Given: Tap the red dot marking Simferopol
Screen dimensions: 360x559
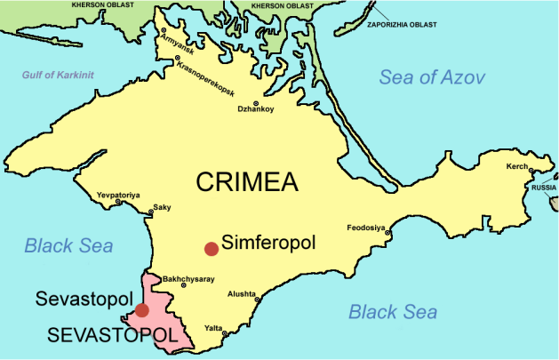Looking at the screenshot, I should click(x=211, y=248).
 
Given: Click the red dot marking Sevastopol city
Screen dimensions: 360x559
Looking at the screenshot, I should click(x=142, y=310).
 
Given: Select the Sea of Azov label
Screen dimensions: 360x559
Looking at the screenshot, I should click(x=432, y=77).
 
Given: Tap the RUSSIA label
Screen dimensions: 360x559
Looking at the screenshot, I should click(x=543, y=188).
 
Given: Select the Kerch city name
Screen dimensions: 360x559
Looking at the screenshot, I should click(x=516, y=167).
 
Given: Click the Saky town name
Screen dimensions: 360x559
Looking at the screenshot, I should click(x=163, y=208).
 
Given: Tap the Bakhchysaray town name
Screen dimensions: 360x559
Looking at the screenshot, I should click(x=190, y=278).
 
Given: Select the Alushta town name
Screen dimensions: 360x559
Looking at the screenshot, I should click(x=243, y=292).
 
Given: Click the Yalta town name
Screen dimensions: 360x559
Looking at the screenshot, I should click(x=214, y=327).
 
